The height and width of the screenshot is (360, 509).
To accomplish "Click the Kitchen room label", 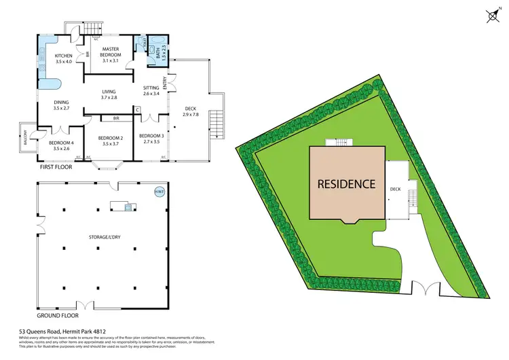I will point(63,58).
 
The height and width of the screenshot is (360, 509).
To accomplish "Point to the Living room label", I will point(109,94).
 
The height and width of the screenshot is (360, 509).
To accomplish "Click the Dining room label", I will point(62,105).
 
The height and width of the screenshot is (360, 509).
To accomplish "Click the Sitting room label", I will point(151,90).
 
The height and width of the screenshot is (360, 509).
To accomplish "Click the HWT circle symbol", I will point(159,192).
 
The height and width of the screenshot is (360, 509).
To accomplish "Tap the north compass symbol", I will point(491,14).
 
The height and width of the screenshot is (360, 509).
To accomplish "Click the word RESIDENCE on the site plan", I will point(347,183).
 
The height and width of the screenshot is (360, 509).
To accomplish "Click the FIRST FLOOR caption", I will point(55,166).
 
